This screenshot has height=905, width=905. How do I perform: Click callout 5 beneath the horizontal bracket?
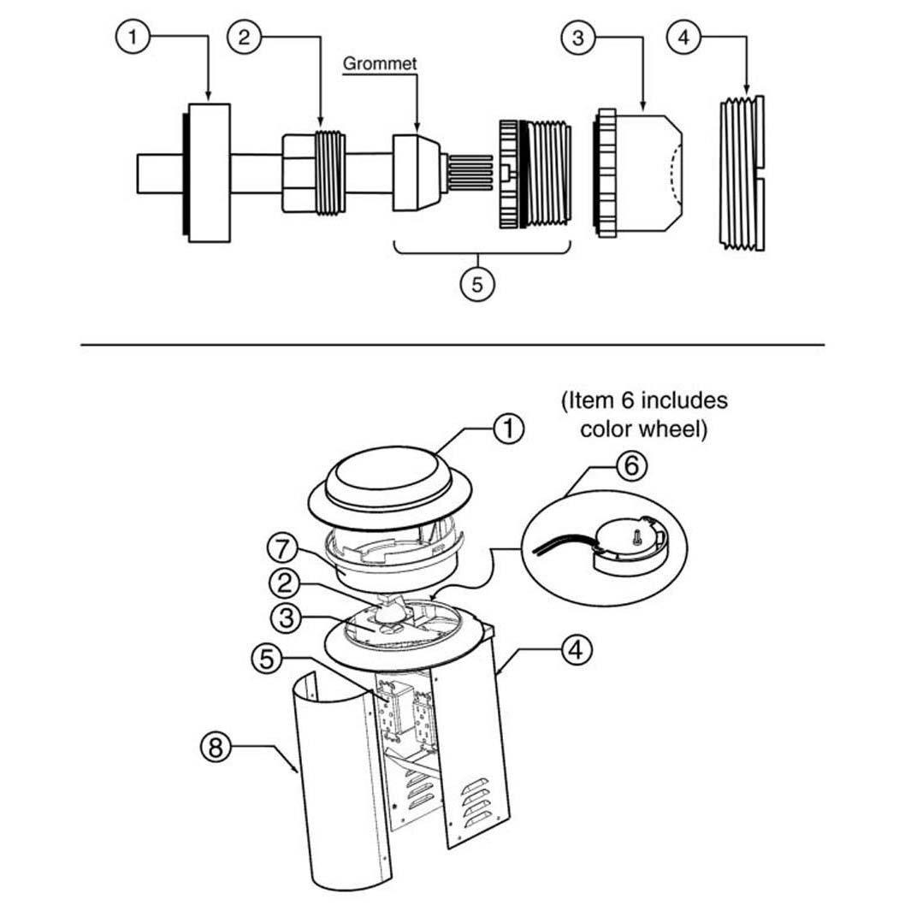pos(477,283)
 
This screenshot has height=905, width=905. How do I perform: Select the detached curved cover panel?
pos(334,787)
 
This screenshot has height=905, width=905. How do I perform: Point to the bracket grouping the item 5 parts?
pos(481,251)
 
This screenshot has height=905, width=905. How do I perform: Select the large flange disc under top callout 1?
pos(208,174)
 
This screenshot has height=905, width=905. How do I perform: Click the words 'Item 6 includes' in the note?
pos(644,399)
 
